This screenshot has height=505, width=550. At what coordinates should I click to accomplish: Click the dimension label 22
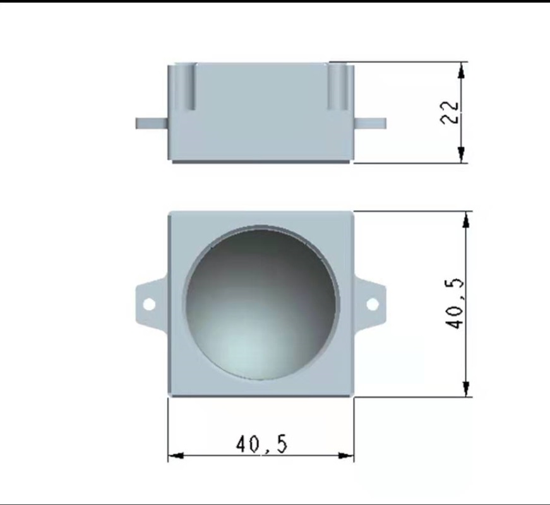[449, 112]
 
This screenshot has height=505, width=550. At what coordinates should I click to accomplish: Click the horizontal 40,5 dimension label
[261, 444]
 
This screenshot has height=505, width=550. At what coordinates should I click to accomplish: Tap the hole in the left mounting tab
[149, 304]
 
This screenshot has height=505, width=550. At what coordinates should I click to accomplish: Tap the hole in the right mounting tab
[373, 304]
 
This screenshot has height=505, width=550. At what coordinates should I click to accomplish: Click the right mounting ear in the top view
[370, 304]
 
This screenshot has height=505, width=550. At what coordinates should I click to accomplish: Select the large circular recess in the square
[261, 302]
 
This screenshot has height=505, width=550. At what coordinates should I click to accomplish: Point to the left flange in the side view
[152, 123]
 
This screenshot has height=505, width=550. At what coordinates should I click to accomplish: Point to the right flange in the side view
[370, 123]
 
